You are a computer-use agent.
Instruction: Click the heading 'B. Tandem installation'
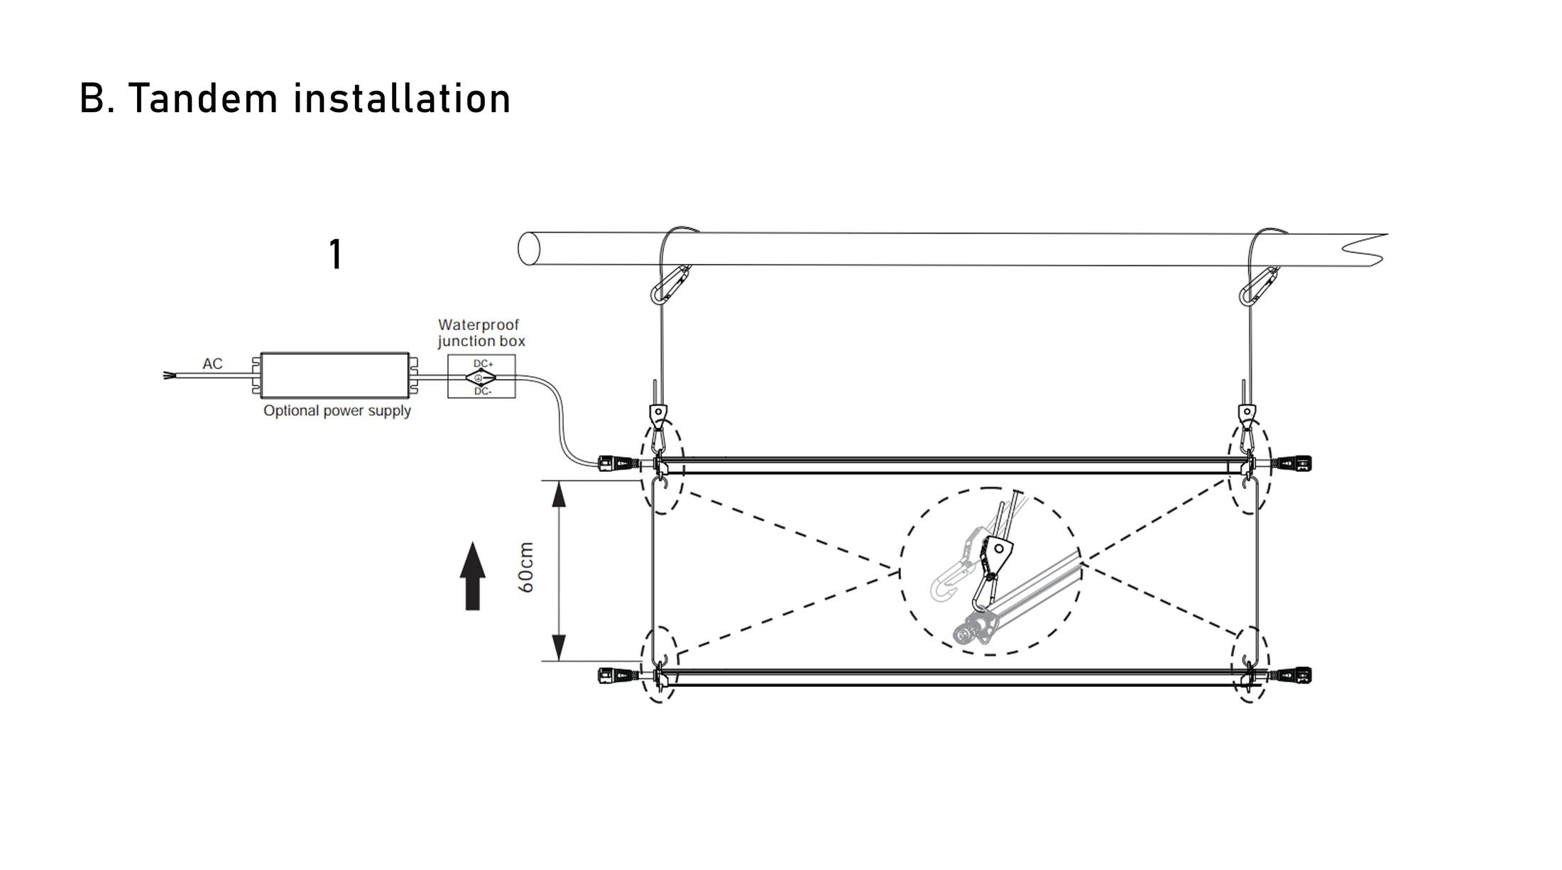tap(295, 98)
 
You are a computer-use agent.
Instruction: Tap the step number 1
tap(336, 254)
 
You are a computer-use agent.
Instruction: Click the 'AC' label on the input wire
tap(212, 363)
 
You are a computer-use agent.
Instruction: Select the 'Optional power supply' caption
tap(337, 411)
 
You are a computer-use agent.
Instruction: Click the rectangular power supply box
tap(334, 375)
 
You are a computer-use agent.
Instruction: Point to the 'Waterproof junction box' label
tap(481, 333)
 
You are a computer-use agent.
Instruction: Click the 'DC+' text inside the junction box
tap(484, 364)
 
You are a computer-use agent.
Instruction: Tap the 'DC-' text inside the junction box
tap(483, 391)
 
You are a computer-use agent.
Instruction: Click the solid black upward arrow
tap(473, 576)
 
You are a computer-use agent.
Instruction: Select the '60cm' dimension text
tap(526, 568)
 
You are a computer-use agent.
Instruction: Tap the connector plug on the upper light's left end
tap(618, 464)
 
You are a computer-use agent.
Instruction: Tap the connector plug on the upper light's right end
tap(1291, 464)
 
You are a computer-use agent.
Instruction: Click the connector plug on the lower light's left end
tap(618, 675)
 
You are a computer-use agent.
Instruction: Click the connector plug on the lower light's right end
tap(1291, 675)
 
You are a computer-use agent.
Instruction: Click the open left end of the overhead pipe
tap(529, 248)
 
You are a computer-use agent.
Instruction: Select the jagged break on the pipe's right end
tap(1367, 249)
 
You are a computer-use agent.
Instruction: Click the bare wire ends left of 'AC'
tap(170, 375)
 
